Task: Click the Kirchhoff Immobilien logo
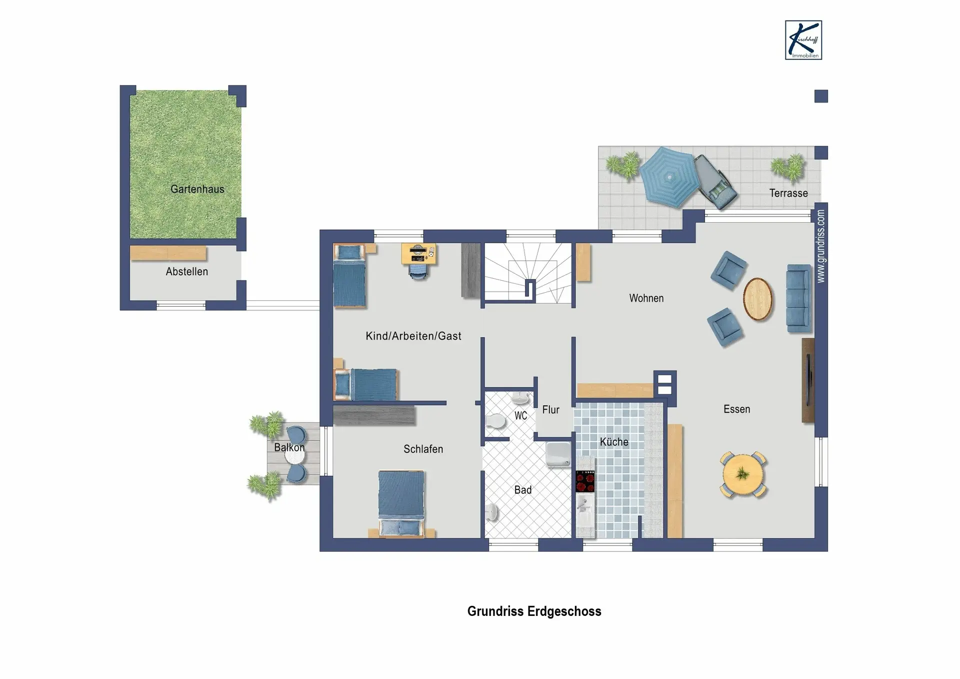[x=803, y=40]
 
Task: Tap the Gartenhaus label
[x=197, y=189]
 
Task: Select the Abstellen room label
[x=187, y=272]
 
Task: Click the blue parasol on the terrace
[x=668, y=177]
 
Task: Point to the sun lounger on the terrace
[x=715, y=182]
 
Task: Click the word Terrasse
[x=788, y=193]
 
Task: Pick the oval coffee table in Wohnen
[x=757, y=299]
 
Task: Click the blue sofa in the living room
[x=798, y=298]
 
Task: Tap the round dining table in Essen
[x=743, y=474]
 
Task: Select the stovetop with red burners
[x=585, y=481]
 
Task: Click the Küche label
[x=614, y=442]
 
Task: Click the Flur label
[x=550, y=410]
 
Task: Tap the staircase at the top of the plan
[x=527, y=273]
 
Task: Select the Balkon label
[x=289, y=447]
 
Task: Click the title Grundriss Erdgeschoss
[x=534, y=611]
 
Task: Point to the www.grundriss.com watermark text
[x=820, y=246]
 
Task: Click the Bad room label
[x=523, y=490]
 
